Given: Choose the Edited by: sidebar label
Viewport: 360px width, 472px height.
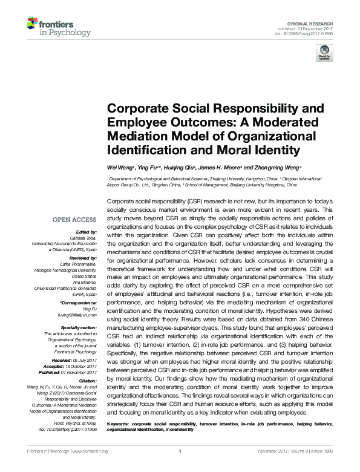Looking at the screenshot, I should (85, 232).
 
